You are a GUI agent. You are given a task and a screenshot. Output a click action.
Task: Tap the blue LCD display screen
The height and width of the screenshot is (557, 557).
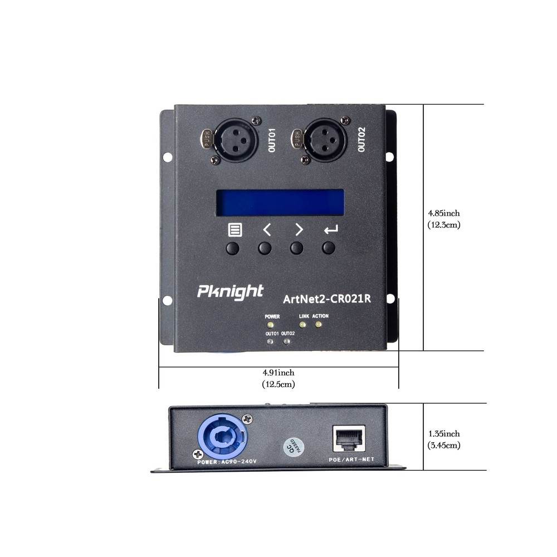pos(280,202)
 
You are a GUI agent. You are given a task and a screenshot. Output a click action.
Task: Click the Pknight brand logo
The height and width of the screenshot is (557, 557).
pos(230,291)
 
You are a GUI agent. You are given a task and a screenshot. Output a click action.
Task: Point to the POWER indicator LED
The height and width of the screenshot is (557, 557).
pos(271,324)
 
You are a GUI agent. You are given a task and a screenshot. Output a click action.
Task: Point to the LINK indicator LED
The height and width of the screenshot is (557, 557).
pos(303,324)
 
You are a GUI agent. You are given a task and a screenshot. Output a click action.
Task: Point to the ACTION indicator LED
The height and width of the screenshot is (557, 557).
pos(319,324)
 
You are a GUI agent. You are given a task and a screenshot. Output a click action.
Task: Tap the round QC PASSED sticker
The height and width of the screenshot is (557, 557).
pos(294,446)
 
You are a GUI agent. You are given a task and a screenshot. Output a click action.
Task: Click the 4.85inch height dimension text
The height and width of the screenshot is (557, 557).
pos(444,213)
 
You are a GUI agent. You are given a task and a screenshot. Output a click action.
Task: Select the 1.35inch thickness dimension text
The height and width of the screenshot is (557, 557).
pos(444,433)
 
